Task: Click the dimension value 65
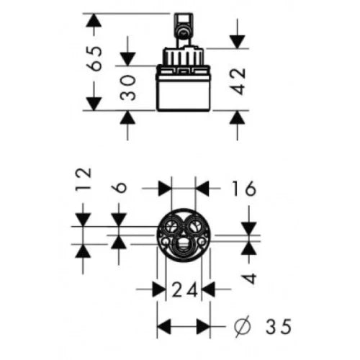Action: pyautogui.click(x=94, y=58)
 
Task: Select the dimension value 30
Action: pyautogui.click(x=127, y=87)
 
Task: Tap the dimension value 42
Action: pyautogui.click(x=238, y=81)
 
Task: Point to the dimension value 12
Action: pyautogui.click(x=84, y=179)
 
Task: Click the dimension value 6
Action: pyautogui.click(x=119, y=187)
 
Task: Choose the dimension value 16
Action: pyautogui.click(x=244, y=189)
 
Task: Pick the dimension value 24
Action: pyautogui.click(x=184, y=289)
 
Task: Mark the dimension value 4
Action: pyautogui.click(x=249, y=279)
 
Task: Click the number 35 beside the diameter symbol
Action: pyautogui.click(x=279, y=326)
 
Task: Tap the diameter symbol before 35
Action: pyautogui.click(x=242, y=327)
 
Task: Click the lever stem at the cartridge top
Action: pyautogui.click(x=184, y=30)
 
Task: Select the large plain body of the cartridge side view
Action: pyautogui.click(x=184, y=92)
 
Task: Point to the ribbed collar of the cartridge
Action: pyautogui.click(x=184, y=57)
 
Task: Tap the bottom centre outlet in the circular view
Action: pyautogui.click(x=184, y=246)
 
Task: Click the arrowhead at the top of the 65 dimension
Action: pyautogui.click(x=94, y=20)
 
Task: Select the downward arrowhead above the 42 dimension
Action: pyautogui.click(x=237, y=42)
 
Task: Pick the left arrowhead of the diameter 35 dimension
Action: pyautogui.click(x=163, y=326)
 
